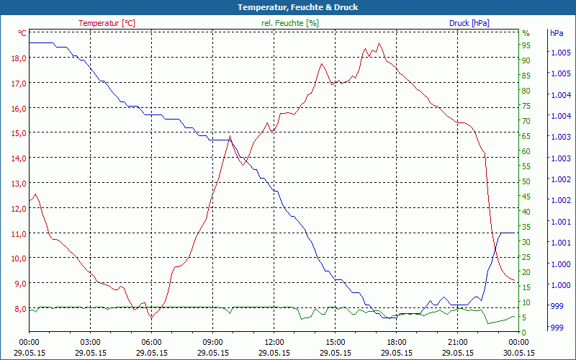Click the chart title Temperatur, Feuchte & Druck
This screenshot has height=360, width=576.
[288, 7]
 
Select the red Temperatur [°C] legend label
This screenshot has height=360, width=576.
[107, 23]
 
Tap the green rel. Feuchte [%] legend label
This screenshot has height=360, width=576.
[290, 23]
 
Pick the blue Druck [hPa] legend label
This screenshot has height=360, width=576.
[469, 23]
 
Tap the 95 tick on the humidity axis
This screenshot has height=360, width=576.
[526, 45]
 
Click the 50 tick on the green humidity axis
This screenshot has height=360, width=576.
[526, 181]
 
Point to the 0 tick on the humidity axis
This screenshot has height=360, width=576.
[524, 333]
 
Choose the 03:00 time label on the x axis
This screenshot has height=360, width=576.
[90, 342]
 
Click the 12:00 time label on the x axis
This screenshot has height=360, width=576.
[274, 342]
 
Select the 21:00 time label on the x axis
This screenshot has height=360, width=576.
[458, 342]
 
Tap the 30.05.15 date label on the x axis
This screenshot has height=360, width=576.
[519, 353]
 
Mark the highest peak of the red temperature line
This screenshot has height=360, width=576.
[379, 43]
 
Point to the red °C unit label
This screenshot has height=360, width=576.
[22, 33]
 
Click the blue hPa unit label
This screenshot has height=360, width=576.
[557, 33]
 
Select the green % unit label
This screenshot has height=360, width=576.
[526, 33]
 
